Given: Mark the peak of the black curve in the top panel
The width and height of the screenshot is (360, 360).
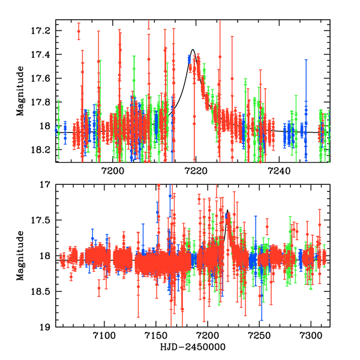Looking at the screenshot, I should coord(193,50).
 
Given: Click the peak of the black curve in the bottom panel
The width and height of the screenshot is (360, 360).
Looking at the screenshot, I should coord(227,211).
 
